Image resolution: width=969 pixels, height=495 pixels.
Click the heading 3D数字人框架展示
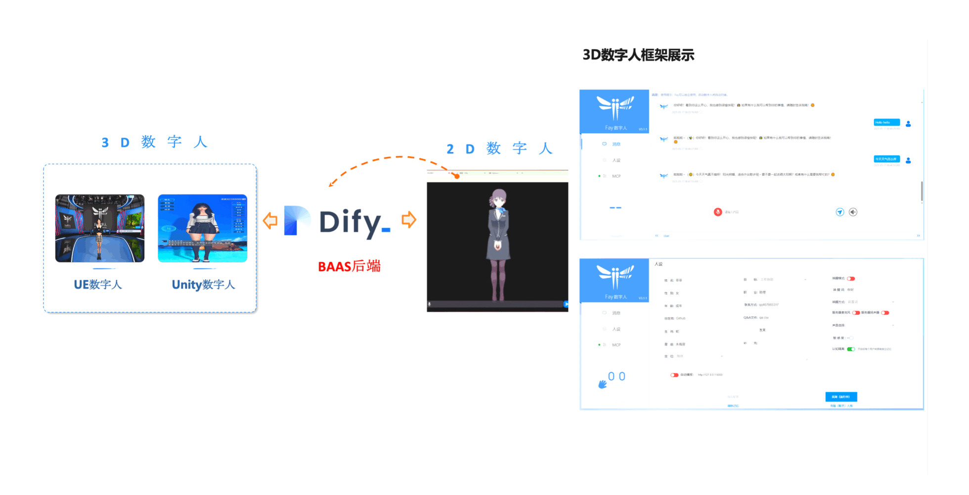coord(638,55)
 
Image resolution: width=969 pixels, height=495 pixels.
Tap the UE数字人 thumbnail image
coord(100,228)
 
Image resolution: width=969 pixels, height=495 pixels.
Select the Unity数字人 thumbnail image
coord(202,228)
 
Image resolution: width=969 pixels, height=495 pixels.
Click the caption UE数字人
coord(98,285)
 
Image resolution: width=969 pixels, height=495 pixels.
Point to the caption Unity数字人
coord(203,285)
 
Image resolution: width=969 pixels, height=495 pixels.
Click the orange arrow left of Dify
coord(270,220)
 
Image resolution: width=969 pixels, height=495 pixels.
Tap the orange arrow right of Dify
coord(409,219)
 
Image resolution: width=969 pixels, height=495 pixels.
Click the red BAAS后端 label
coord(349,266)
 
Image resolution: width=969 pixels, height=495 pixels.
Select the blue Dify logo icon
coord(297,220)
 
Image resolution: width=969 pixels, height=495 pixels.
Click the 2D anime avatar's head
coord(498,198)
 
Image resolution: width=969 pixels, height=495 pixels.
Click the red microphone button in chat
coord(718,212)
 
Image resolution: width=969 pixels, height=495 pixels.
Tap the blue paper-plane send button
coord(839,212)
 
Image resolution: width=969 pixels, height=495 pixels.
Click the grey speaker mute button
coord(853,212)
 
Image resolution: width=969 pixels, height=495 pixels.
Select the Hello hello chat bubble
coord(886,122)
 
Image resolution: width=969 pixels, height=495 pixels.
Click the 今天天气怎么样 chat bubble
coord(886,159)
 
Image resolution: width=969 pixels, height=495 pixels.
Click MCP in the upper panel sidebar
coord(616,176)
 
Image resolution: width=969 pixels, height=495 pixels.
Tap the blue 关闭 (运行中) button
coord(841,396)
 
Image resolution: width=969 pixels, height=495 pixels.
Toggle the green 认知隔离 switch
coord(851,349)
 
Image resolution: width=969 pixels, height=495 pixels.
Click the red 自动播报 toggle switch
coord(674,375)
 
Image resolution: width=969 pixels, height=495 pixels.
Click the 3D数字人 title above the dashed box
coord(154,143)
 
